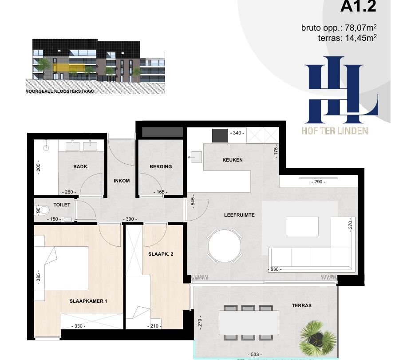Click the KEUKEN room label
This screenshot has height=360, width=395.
point(233,160)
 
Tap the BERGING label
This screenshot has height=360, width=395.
point(161,166)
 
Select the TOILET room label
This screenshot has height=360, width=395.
point(62,205)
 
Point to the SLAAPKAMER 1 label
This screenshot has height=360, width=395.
point(88,301)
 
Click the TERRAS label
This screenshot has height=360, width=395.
point(301,305)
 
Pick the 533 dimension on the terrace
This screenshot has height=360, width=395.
point(255,354)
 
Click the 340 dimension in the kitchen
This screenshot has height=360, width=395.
point(237,133)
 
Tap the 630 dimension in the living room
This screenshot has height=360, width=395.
point(274,269)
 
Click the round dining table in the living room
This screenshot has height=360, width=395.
point(225,246)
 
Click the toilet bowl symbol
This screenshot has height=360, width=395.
point(44,210)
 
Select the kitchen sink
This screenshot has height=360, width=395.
point(195,157)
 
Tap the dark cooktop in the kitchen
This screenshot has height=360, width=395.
point(220,135)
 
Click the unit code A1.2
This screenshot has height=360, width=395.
point(358,6)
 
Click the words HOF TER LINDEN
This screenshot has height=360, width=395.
point(335,131)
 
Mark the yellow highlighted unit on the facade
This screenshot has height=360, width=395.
point(68,67)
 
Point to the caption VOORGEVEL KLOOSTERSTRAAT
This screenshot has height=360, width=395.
point(60,91)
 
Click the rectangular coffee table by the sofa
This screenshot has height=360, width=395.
point(302,226)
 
